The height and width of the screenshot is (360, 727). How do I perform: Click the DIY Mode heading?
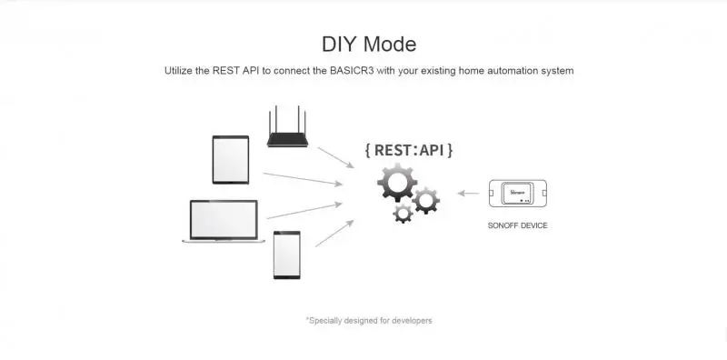click(369, 45)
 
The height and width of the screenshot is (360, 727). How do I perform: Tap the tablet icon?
click(231, 160)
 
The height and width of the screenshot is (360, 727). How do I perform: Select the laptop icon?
click(224, 221)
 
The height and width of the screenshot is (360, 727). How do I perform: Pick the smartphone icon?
click(286, 255)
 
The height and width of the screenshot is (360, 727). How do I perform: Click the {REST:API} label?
click(408, 150)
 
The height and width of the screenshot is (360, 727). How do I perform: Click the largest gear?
click(397, 183)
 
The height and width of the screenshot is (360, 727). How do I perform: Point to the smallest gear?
click(403, 213)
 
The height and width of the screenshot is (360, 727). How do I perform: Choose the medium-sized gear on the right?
click(425, 200)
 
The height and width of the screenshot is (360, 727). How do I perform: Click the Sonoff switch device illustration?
click(518, 193)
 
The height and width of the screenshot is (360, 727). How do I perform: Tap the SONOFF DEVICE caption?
click(517, 225)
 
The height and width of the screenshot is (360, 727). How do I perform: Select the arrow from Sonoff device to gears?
click(468, 193)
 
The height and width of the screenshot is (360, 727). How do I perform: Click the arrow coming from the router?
click(335, 158)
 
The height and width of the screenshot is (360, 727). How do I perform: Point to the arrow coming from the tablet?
click(303, 179)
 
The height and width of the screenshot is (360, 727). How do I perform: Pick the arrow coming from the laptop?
click(304, 211)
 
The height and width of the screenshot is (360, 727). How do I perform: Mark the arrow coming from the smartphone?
click(334, 234)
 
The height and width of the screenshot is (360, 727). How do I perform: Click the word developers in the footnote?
click(412, 321)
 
